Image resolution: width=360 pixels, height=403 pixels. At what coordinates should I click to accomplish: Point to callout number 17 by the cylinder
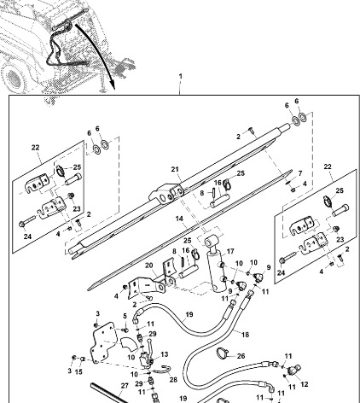point(229,252)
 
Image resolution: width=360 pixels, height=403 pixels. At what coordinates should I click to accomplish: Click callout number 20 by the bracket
point(149,266)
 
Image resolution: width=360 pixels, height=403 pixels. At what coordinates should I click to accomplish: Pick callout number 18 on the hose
point(246,336)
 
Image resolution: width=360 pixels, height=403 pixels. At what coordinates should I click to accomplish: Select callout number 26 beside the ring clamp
point(240,356)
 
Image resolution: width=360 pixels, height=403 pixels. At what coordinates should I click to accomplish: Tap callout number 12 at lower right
point(305,384)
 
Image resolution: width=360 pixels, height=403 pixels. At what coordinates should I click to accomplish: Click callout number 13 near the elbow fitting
point(165,353)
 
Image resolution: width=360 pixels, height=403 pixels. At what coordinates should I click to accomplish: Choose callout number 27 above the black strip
point(125,385)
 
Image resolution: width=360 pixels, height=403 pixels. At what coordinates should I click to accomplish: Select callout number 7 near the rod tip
point(299,173)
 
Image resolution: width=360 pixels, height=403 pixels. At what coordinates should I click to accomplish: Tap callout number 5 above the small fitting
point(125,316)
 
